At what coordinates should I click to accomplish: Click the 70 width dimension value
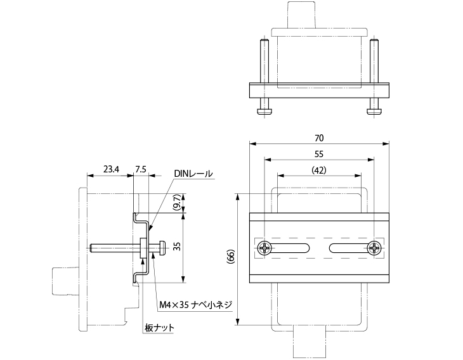[x=319, y=138]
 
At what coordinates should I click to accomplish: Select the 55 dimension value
[x=319, y=154]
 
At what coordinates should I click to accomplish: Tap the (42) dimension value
[x=319, y=170]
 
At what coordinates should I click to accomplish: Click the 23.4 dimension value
[x=111, y=169]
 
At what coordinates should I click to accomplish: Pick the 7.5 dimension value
[x=141, y=169]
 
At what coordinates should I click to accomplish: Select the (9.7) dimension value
[x=176, y=203]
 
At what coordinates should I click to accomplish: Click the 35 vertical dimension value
[x=176, y=246]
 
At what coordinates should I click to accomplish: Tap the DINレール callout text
[x=193, y=174]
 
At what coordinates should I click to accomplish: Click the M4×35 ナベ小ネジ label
[x=195, y=305]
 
